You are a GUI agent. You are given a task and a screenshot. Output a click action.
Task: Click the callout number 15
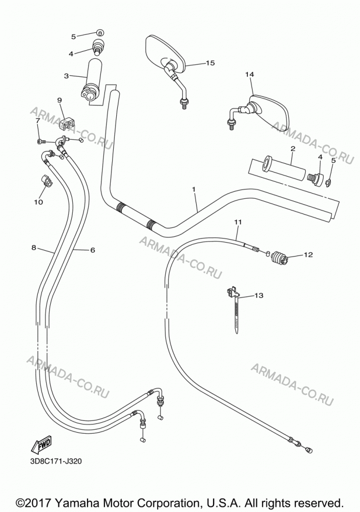210,62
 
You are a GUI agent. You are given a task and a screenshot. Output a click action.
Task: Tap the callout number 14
249,74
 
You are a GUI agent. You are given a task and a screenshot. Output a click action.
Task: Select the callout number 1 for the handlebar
194,189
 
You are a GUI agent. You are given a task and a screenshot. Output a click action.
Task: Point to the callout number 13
259,295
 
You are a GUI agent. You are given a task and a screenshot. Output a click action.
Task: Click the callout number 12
308,254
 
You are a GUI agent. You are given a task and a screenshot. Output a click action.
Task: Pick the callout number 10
38,202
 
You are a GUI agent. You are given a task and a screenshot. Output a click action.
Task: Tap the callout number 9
59,100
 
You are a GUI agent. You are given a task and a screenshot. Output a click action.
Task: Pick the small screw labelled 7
41,141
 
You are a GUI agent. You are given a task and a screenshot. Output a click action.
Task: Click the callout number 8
34,247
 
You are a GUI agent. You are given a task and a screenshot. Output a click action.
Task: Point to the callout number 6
93,250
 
